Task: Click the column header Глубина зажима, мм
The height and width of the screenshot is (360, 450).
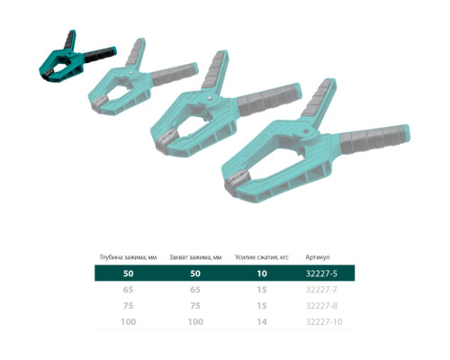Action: coord(129,256)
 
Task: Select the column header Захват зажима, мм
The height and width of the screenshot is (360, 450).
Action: coord(195,256)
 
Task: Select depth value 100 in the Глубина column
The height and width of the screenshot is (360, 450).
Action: coord(129,321)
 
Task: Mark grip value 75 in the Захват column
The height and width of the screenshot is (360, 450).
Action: coord(195,305)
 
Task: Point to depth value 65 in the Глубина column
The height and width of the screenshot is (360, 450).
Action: coord(129,290)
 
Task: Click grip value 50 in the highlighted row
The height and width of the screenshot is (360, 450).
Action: coord(195,273)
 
